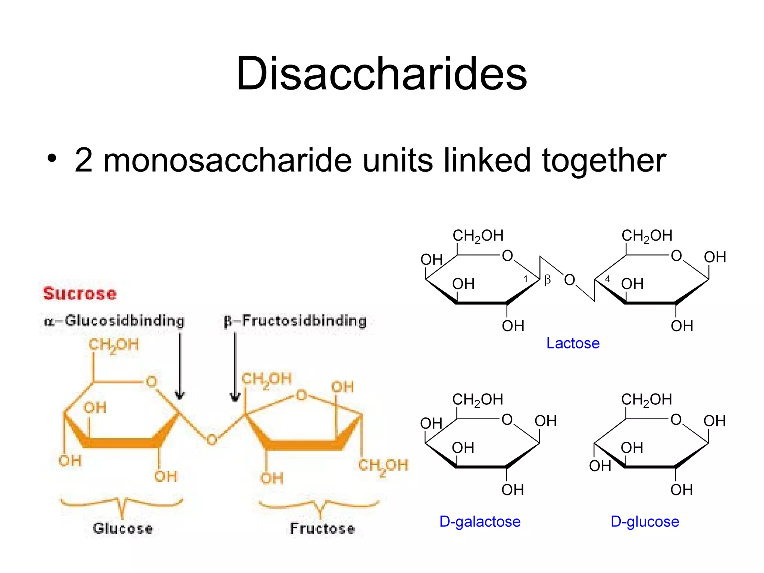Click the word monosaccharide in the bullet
[227, 160]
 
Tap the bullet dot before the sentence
[52, 158]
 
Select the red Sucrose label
[79, 294]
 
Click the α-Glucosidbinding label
[114, 321]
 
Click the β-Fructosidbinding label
[295, 321]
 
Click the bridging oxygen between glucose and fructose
[212, 440]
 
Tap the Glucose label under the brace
[123, 529]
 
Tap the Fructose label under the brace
[322, 529]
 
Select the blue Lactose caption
[573, 343]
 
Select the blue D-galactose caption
[480, 522]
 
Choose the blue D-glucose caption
[645, 522]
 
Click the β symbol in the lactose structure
[547, 279]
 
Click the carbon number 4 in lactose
[607, 279]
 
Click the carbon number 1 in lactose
[526, 279]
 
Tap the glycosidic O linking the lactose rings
[569, 280]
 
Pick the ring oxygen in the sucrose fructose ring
[301, 395]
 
